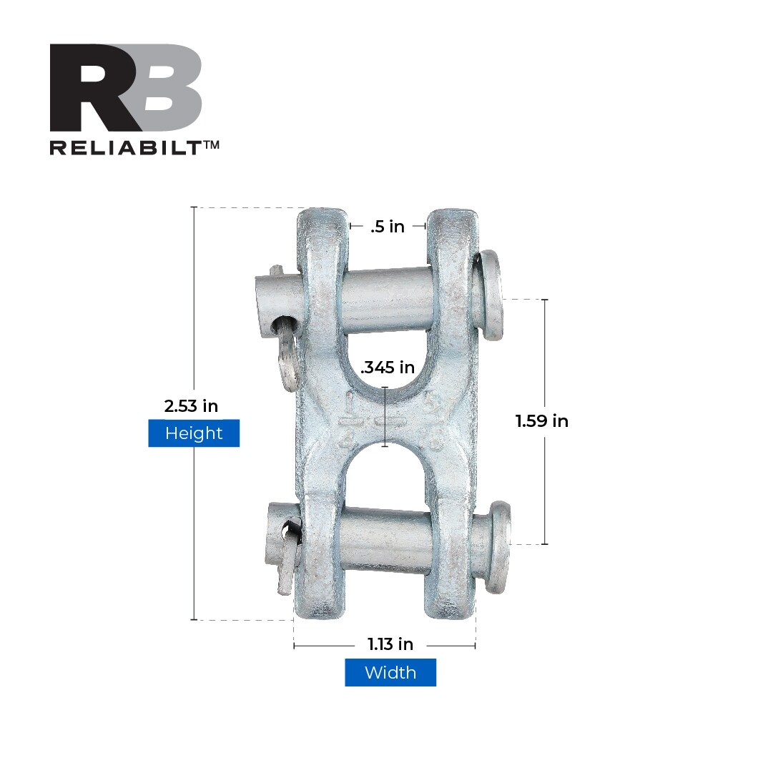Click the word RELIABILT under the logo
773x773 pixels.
125,147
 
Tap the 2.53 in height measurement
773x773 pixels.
191,406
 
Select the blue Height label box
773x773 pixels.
194,433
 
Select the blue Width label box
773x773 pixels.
390,673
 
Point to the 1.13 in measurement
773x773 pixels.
390,644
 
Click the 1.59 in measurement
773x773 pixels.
541,421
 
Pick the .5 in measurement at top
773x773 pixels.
388,227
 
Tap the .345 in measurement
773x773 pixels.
388,368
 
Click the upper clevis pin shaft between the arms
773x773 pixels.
387,300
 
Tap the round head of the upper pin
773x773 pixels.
491,295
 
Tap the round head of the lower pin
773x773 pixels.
498,546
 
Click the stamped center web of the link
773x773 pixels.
386,418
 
